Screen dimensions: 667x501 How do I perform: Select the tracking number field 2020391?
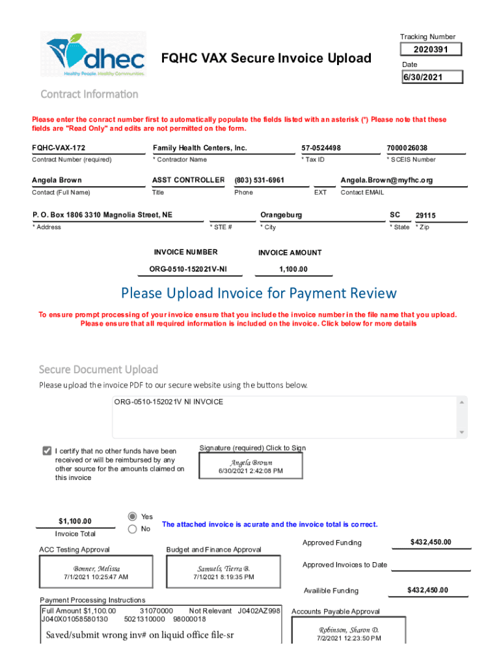coord(431,50)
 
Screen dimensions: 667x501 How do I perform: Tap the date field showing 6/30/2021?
coord(431,78)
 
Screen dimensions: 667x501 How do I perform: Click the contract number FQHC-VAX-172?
coord(59,148)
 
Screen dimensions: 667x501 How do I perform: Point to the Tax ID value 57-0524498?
coord(321,148)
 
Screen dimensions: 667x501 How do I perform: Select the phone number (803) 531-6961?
coord(260,180)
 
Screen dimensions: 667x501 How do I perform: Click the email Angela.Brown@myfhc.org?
coord(386,180)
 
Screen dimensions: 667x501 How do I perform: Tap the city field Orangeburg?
coord(281,215)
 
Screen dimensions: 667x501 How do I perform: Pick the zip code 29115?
coord(426,215)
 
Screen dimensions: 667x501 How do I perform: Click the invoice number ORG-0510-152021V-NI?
coord(188,270)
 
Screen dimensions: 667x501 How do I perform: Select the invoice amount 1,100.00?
coord(293,270)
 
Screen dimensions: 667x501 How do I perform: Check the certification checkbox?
coord(47,451)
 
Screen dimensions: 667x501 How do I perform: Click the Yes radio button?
coord(133,516)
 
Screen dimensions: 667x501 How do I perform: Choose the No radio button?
coord(133,530)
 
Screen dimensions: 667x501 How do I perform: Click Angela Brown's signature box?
coord(251,466)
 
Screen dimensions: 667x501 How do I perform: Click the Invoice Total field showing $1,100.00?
coord(75,521)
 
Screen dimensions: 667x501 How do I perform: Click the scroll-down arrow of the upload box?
coord(462,433)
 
